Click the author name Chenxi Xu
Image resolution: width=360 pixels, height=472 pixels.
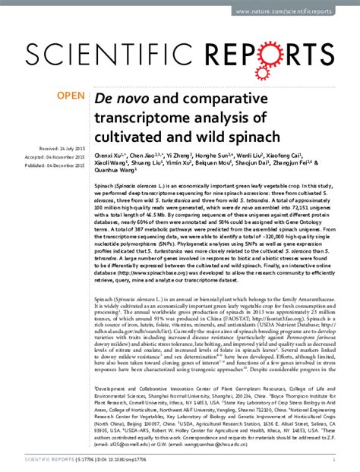coord(110,154)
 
